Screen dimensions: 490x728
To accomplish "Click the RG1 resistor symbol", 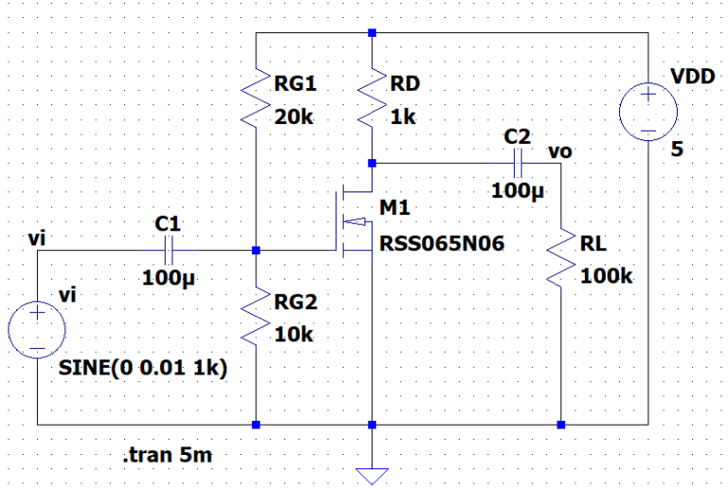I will [x=256, y=100].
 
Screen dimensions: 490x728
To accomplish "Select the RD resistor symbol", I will [x=373, y=100].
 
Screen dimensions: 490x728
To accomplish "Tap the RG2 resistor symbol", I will [x=256, y=318].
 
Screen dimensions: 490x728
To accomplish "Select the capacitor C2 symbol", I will [x=518, y=162].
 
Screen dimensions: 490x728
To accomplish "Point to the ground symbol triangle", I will [x=373, y=475].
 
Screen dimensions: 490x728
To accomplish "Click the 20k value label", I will [x=294, y=118].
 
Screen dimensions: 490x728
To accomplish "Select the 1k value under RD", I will [x=404, y=118].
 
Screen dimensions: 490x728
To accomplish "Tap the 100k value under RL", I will [x=606, y=276].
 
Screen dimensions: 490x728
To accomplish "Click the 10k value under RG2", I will [x=293, y=335].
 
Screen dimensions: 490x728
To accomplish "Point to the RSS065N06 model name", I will [x=442, y=244].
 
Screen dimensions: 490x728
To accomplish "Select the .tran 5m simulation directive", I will [x=168, y=456].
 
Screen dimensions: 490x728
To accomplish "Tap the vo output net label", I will [x=559, y=150].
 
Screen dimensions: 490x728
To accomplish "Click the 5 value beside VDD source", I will [x=677, y=148].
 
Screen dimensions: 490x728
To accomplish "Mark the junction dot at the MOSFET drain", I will [x=373, y=162].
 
